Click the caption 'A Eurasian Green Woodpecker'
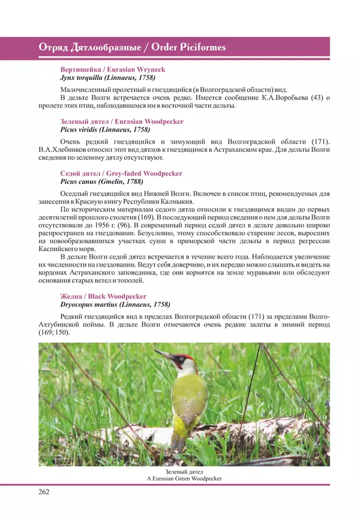[x=184, y=478]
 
